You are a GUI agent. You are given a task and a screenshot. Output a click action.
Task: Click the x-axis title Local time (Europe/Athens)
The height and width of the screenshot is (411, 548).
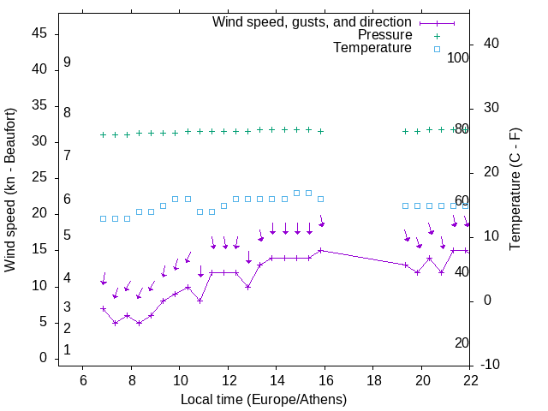pyautogui.click(x=264, y=399)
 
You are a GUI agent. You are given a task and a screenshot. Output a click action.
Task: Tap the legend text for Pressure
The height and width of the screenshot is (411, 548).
pyautogui.click(x=384, y=35)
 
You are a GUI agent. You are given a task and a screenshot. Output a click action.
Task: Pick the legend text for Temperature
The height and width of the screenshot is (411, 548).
pyautogui.click(x=372, y=49)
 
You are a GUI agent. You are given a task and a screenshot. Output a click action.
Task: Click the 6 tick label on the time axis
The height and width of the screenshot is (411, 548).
pyautogui.click(x=83, y=380)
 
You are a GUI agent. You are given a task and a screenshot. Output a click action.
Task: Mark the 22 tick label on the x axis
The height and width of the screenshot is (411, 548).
pyautogui.click(x=470, y=380)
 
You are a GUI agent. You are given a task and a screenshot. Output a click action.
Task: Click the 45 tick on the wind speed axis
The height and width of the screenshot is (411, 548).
pyautogui.click(x=39, y=33)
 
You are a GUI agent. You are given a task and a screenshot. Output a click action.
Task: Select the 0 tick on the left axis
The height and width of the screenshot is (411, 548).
pyautogui.click(x=43, y=358)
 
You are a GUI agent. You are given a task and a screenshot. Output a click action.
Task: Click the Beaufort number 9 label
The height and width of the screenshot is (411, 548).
pyautogui.click(x=67, y=63)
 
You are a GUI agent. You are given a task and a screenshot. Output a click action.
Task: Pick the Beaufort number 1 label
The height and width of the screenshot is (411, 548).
pyautogui.click(x=67, y=350)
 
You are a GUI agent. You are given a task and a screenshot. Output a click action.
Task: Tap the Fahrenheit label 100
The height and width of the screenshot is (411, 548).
pyautogui.click(x=458, y=57)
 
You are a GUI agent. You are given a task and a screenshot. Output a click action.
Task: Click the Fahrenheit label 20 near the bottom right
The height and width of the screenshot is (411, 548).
pyautogui.click(x=462, y=343)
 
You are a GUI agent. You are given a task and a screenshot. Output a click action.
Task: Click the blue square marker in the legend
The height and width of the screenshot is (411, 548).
pyautogui.click(x=437, y=49)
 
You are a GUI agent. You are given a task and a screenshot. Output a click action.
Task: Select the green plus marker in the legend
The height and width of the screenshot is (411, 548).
pyautogui.click(x=437, y=35)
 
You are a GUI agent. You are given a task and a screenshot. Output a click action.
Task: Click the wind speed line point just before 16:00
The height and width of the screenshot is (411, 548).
pyautogui.click(x=320, y=250)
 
